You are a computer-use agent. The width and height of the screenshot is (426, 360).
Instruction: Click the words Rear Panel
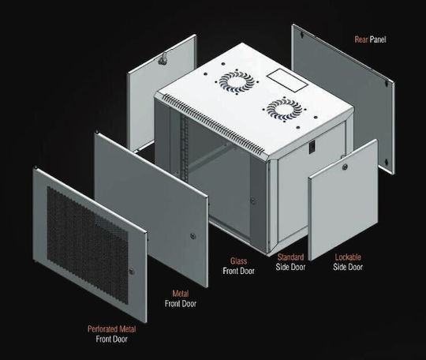(x=370, y=39)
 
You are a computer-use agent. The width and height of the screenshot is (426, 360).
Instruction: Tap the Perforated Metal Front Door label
(x=111, y=334)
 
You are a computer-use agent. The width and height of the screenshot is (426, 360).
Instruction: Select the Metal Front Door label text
(x=181, y=298)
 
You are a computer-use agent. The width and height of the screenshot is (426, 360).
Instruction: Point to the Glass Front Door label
(x=238, y=266)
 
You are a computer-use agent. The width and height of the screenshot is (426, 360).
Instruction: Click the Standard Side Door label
(x=290, y=262)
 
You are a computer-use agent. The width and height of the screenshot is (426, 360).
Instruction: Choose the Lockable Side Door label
(x=348, y=262)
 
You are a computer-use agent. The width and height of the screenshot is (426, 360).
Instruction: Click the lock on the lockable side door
(x=345, y=167)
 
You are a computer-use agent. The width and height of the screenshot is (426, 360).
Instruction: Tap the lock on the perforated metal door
(x=132, y=271)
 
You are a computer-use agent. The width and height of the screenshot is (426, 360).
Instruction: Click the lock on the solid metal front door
(x=193, y=236)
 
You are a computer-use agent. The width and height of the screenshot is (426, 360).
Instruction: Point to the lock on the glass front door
(x=252, y=201)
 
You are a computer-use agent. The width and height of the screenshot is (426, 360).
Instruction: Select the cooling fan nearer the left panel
(x=237, y=81)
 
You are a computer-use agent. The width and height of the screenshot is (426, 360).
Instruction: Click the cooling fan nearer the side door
(x=284, y=109)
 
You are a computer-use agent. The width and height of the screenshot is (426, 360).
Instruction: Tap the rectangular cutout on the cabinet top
(x=287, y=81)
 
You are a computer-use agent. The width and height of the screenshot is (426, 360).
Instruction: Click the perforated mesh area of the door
(x=88, y=245)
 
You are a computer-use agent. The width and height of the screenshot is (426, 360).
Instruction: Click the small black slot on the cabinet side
(x=312, y=146)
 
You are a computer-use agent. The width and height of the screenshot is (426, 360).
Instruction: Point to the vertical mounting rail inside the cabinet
(x=185, y=148)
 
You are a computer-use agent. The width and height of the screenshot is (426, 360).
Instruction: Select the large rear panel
(x=343, y=99)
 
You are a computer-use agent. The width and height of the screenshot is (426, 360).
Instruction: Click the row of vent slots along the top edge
(x=214, y=123)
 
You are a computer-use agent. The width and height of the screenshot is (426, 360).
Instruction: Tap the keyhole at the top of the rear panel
(x=301, y=35)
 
